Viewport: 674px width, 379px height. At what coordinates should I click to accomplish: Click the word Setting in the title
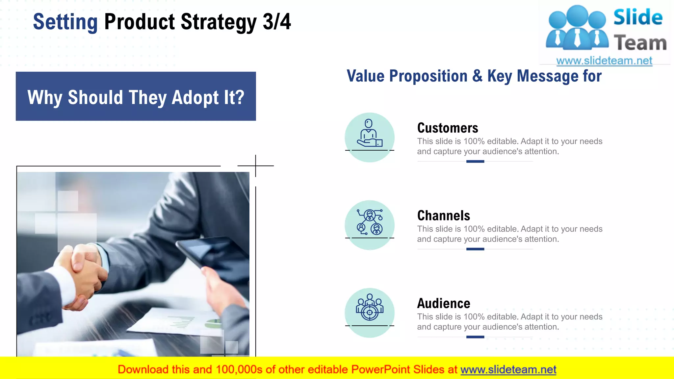(65, 22)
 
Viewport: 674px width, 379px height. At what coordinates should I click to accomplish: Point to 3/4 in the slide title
(277, 22)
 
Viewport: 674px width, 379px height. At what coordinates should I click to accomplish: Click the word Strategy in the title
(219, 22)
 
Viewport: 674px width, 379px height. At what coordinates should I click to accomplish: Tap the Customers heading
(447, 128)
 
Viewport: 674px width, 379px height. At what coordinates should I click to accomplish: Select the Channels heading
(443, 216)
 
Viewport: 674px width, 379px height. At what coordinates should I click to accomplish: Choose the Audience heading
(443, 303)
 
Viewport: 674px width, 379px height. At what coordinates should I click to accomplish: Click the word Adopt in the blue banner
(195, 97)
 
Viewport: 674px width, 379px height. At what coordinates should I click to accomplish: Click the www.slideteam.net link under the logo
(604, 61)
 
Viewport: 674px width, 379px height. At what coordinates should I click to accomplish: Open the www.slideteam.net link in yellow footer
(508, 370)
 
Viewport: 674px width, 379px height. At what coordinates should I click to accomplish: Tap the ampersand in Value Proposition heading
(477, 76)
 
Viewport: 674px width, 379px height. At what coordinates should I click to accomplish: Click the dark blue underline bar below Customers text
(475, 162)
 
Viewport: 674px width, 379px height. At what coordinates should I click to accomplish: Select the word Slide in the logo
(637, 17)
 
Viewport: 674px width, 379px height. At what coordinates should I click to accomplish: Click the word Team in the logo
(640, 43)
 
